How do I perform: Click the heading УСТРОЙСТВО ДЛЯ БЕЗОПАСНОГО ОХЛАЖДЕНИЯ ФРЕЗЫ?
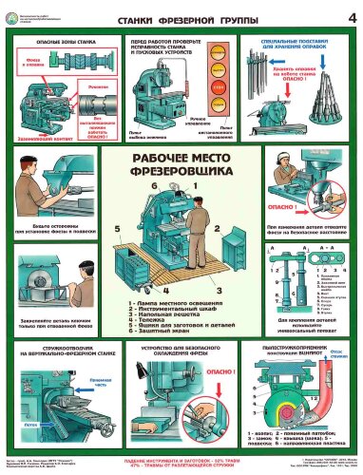181,354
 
